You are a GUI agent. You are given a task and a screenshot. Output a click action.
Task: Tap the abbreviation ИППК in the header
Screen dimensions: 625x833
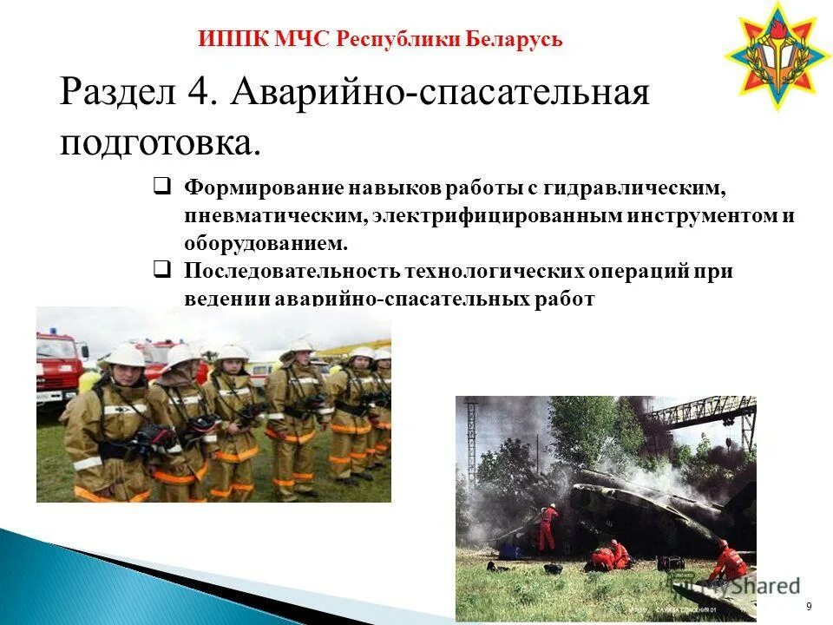point(224,39)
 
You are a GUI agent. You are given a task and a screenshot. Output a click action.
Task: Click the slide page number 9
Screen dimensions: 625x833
point(809,605)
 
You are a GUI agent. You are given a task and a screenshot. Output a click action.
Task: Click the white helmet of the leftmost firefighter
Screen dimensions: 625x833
point(127,356)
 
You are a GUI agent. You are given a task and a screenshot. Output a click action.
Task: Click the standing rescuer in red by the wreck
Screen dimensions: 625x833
point(548,526)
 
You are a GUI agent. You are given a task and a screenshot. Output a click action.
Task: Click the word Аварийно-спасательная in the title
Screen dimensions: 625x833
point(440,92)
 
